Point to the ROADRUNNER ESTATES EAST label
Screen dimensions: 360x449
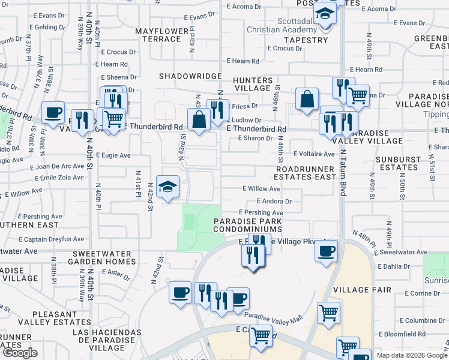tap(305, 173)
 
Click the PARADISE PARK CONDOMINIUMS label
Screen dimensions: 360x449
tap(248, 225)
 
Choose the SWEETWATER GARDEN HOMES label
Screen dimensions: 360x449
tap(104, 257)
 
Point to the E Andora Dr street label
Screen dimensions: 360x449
tap(274, 202)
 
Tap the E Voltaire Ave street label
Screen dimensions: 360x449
tap(313, 154)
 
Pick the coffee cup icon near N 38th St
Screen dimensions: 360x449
tap(53, 112)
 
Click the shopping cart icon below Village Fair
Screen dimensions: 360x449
tap(329, 312)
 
